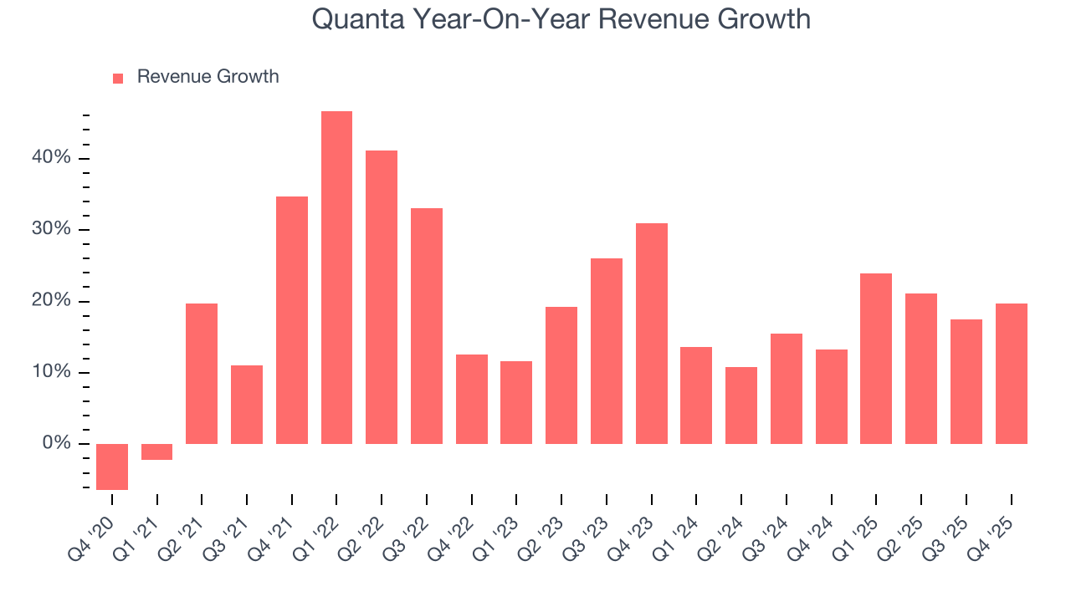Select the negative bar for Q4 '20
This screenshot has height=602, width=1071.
click(x=112, y=467)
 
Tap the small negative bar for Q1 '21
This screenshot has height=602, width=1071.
click(x=156, y=451)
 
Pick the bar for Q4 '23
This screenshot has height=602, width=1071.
click(x=651, y=334)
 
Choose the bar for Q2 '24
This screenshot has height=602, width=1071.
click(x=741, y=406)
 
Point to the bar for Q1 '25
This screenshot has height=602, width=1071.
click(x=876, y=359)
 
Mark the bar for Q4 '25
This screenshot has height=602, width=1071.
click(x=1011, y=374)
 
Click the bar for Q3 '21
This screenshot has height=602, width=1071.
click(x=247, y=405)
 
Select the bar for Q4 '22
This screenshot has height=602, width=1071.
click(x=472, y=399)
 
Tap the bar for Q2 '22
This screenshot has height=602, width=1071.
click(x=382, y=297)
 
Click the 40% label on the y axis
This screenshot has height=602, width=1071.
click(x=52, y=159)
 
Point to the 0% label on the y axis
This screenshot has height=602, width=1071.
click(x=57, y=444)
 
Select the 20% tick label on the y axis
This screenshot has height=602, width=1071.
click(x=52, y=302)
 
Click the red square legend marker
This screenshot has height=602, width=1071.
click(x=118, y=78)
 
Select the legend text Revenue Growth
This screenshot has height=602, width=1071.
click(x=208, y=77)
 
